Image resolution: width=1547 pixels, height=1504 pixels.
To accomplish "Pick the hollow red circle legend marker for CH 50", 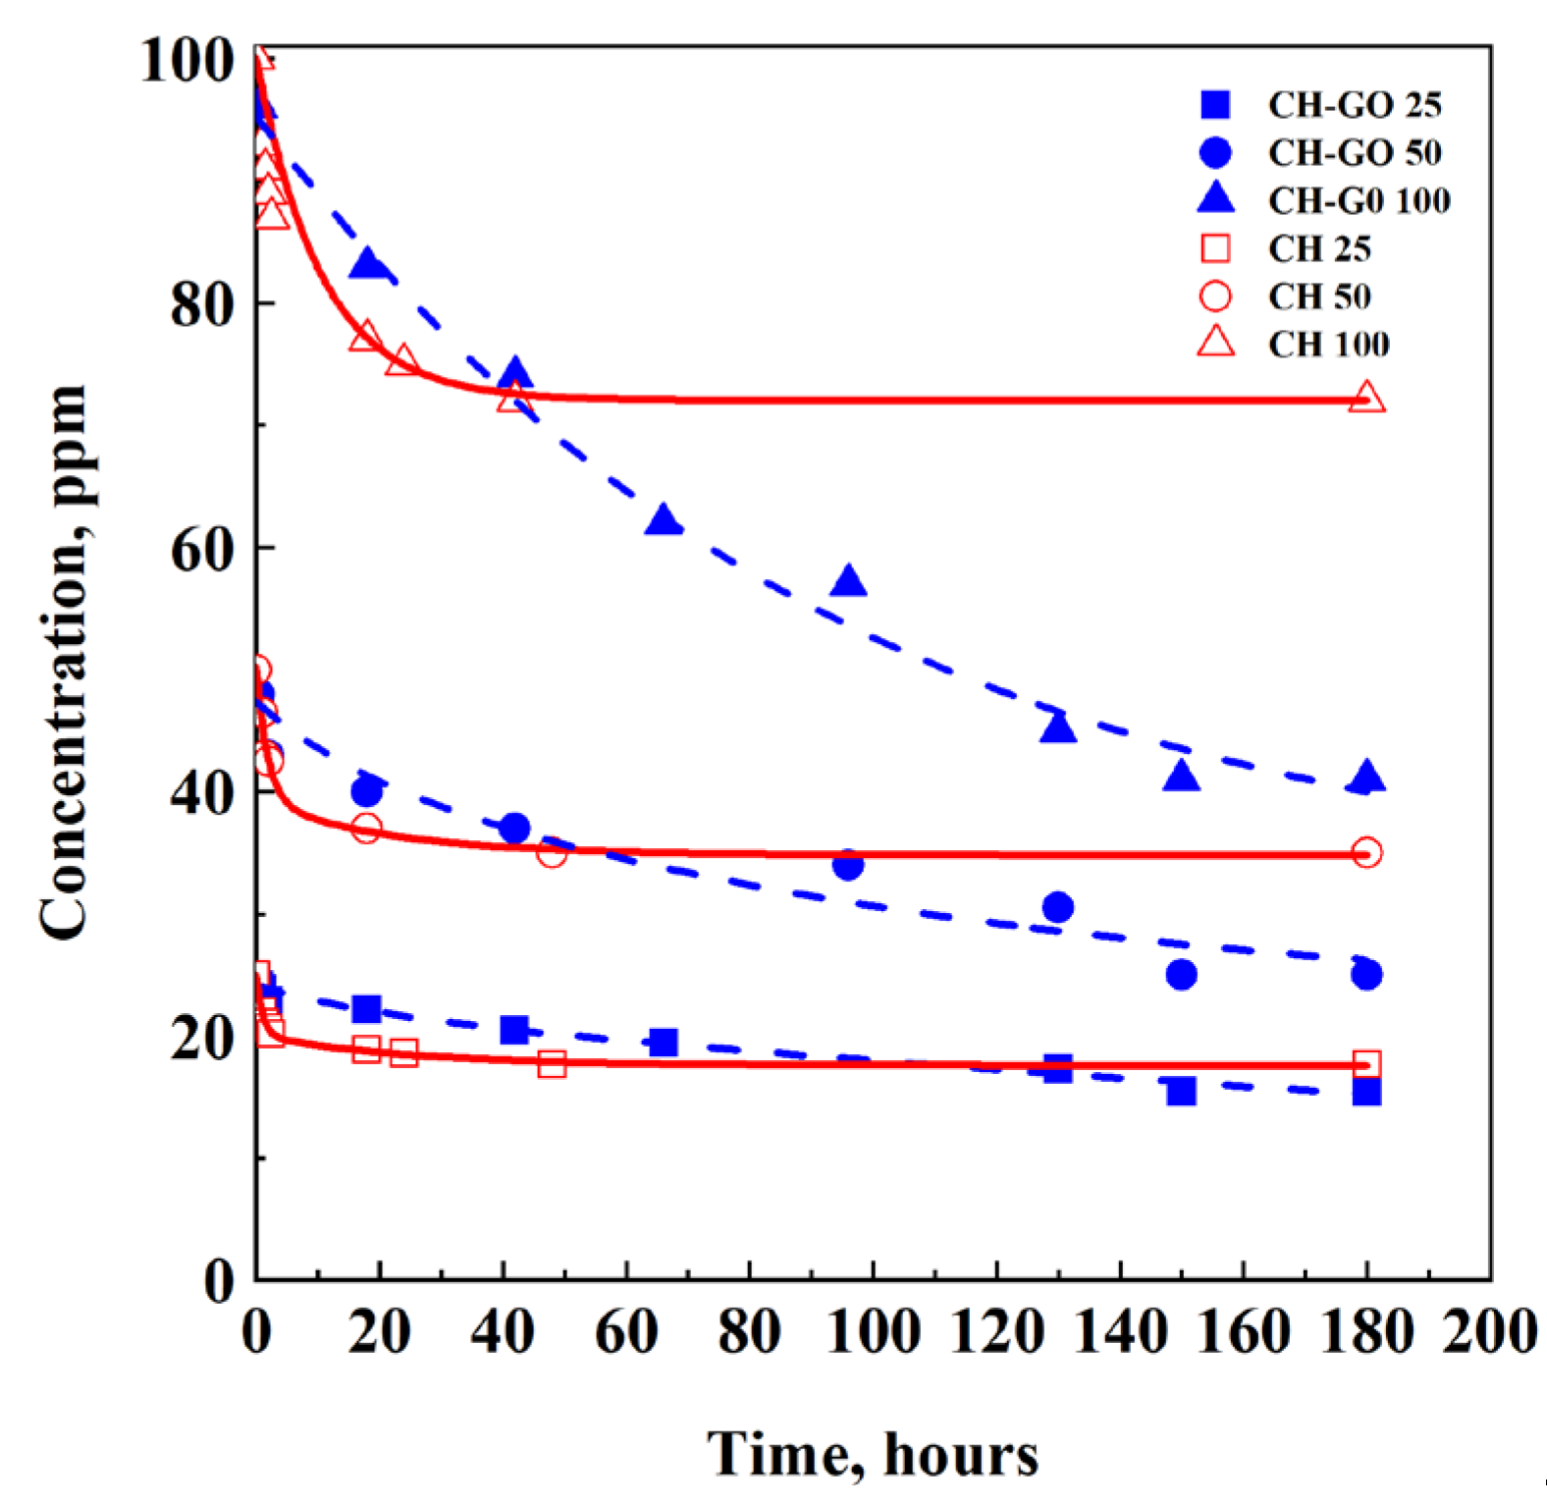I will [1216, 296].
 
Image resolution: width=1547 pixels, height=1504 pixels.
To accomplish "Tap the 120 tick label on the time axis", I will [996, 1332].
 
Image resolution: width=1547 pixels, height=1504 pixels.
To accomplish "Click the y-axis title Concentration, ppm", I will [63, 663].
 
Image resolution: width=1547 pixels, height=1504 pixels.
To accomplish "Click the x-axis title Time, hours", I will [873, 1454].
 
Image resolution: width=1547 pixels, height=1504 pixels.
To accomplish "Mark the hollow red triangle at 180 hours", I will [1366, 399].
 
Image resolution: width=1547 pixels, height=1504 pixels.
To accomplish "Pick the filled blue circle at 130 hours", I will [1058, 907].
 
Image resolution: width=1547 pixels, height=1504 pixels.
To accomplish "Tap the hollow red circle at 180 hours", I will [1366, 852].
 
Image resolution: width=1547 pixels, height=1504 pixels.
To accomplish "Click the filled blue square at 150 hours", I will [1181, 1091].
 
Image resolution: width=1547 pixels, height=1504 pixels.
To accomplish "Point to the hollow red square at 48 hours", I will [552, 1063].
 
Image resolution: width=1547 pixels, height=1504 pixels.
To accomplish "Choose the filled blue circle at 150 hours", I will [1181, 975].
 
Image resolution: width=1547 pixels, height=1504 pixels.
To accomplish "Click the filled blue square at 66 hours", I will [664, 1043].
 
